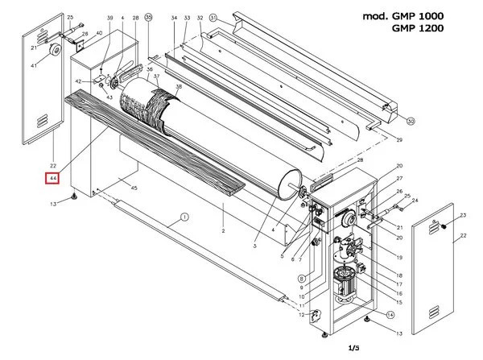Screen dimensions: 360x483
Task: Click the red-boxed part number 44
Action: click(x=52, y=177)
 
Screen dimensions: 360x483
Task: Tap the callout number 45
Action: click(x=134, y=188)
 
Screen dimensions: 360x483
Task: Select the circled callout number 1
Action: click(x=184, y=217)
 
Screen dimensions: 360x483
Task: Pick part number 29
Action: click(x=398, y=140)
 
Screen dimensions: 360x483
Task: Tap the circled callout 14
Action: click(x=390, y=315)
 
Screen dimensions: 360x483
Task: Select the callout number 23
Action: click(x=463, y=216)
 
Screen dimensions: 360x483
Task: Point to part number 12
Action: click(x=301, y=314)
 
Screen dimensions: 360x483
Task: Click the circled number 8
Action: click(x=301, y=278)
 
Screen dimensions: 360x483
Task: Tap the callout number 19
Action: click(x=398, y=257)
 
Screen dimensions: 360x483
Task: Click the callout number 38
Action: click(x=179, y=86)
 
